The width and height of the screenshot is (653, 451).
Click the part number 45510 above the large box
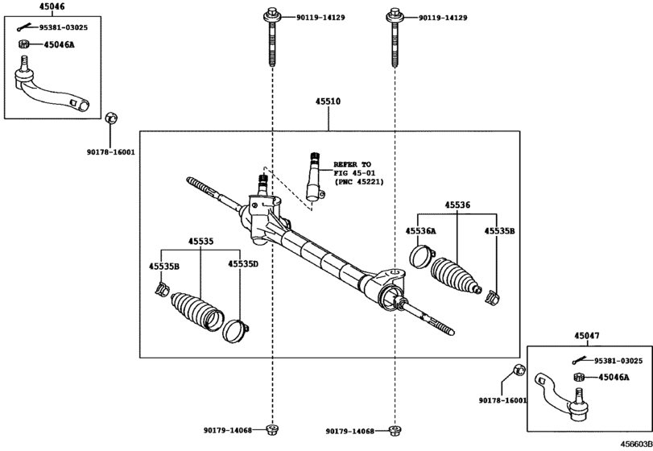tap(328, 101)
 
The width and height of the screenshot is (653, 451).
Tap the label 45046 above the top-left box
tap(52, 6)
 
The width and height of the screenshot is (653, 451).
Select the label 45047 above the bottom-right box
tap(587, 336)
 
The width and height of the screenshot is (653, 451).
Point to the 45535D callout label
tap(243, 264)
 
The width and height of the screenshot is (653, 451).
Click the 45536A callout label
tap(420, 230)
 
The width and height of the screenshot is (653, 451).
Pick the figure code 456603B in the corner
tap(637, 444)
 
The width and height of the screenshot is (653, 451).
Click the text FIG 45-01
tap(354, 173)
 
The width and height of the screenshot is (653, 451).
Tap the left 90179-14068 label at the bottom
tap(228, 431)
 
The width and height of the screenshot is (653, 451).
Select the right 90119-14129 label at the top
tap(443, 18)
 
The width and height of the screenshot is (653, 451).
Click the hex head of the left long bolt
tap(272, 15)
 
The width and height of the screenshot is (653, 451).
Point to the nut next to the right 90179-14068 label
tap(394, 431)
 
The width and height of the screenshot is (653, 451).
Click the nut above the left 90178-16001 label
tap(111, 118)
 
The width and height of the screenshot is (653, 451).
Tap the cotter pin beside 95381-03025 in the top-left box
tap(26, 27)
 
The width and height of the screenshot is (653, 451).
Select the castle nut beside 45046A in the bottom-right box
tap(578, 377)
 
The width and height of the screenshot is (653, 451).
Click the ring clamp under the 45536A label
tap(422, 257)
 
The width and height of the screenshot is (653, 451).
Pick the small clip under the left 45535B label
tap(162, 289)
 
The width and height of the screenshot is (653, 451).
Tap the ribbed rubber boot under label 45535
tap(197, 312)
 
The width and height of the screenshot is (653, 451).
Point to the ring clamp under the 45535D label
tap(235, 330)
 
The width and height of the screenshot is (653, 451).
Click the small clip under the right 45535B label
tap(493, 297)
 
